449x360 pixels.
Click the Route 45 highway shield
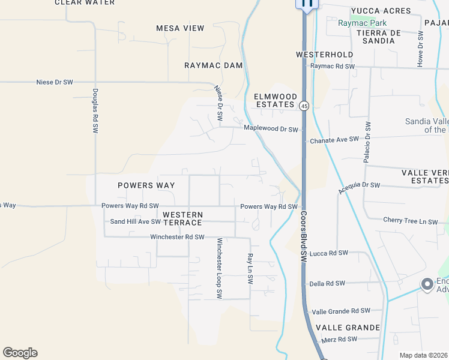coord(305,106)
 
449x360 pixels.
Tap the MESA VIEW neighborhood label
coord(180,28)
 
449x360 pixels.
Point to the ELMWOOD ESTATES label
coord(276,100)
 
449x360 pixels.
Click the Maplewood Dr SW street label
coord(271,129)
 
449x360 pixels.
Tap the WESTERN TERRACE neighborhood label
coord(182,218)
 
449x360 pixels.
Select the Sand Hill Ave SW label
coord(135,221)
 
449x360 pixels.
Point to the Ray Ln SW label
coord(250,268)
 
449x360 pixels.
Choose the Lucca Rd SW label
coord(329,253)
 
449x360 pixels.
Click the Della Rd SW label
coord(327,283)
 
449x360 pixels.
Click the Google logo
coord(20,353)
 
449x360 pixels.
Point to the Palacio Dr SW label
coord(367,142)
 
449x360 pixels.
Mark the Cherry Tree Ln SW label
coord(411,221)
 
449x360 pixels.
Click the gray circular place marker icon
coord(427,284)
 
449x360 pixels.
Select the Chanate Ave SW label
coord(334,140)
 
